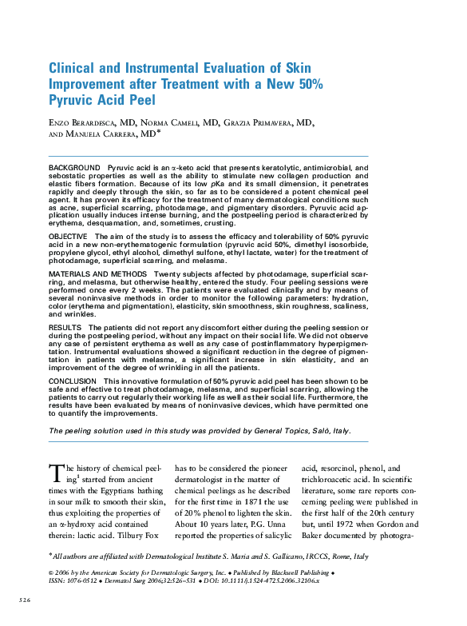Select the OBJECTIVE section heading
pyautogui.click(x=69, y=237)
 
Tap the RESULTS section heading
pyautogui.click(x=65, y=328)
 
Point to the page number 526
pyautogui.click(x=26, y=598)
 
